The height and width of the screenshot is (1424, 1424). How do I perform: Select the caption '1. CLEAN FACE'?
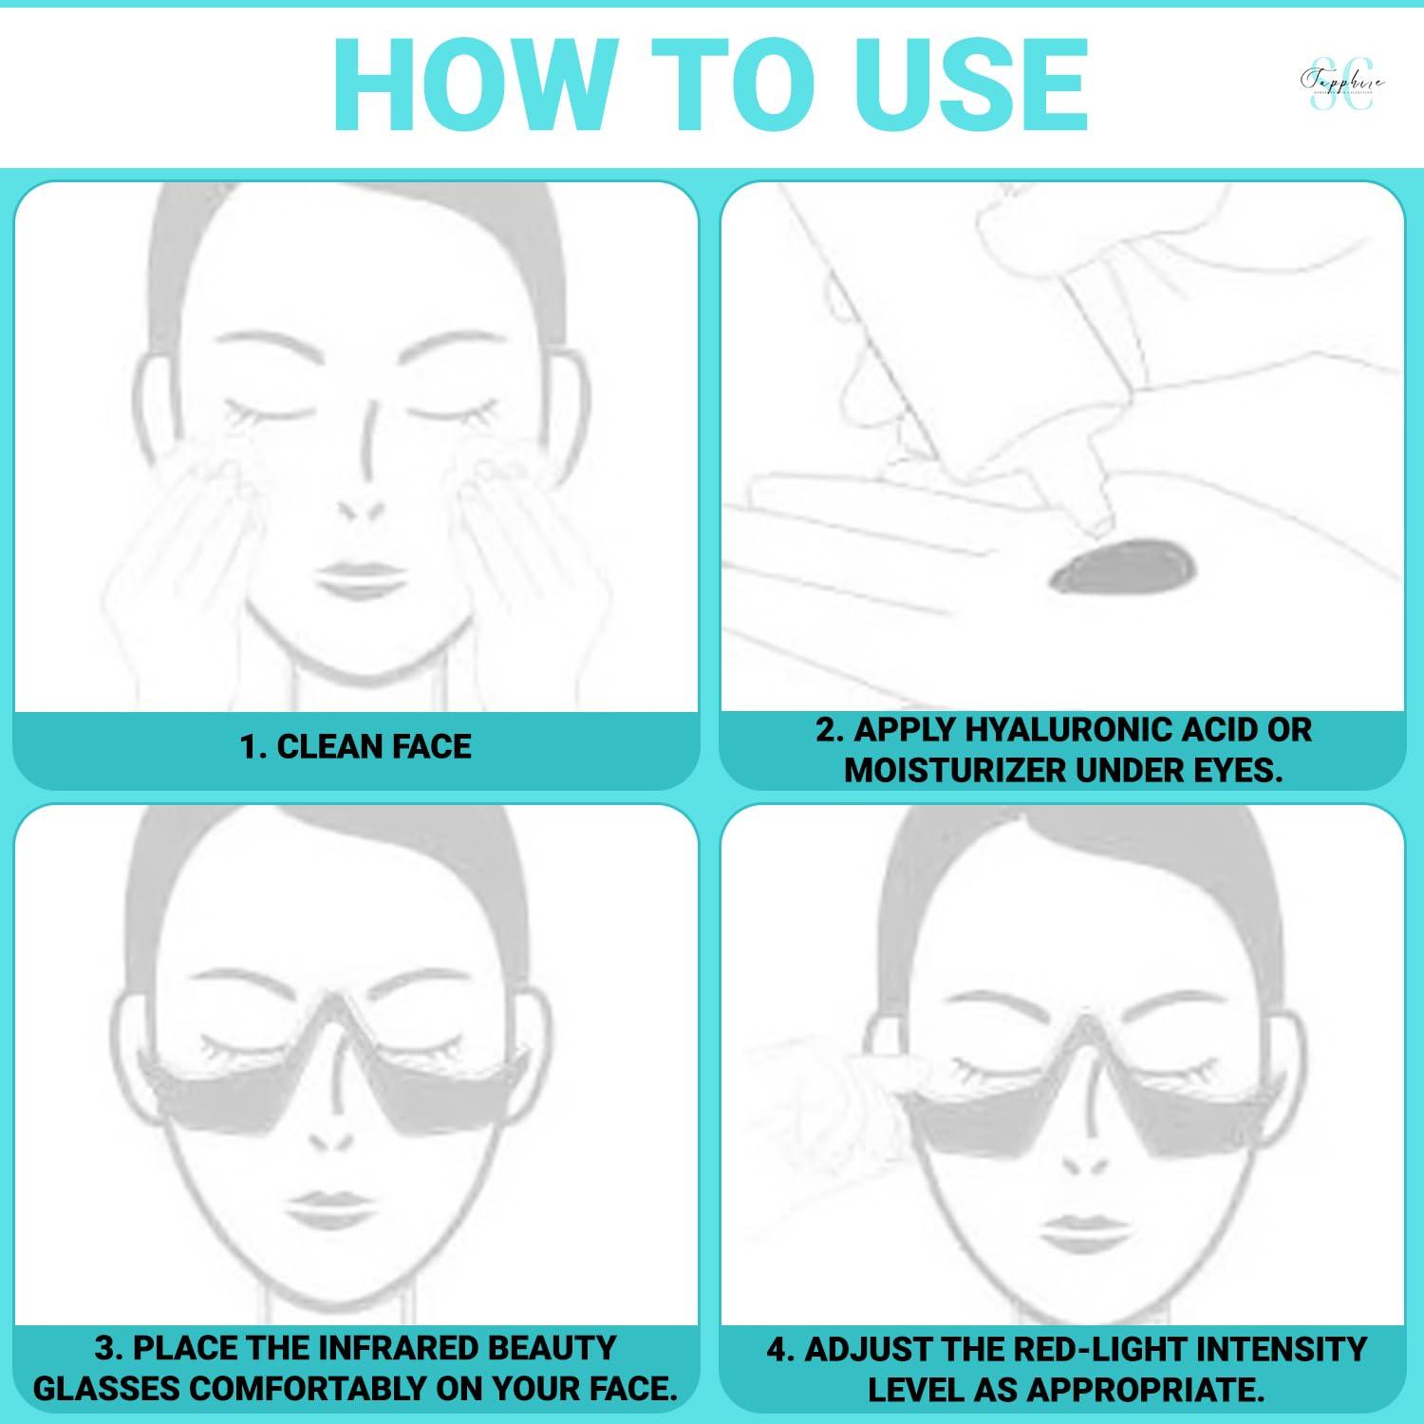coord(355,747)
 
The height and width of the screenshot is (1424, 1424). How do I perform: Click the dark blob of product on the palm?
coord(1122,567)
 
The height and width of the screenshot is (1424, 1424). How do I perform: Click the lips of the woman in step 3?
coord(328,1208)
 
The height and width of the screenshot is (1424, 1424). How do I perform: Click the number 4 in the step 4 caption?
coord(778,1349)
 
